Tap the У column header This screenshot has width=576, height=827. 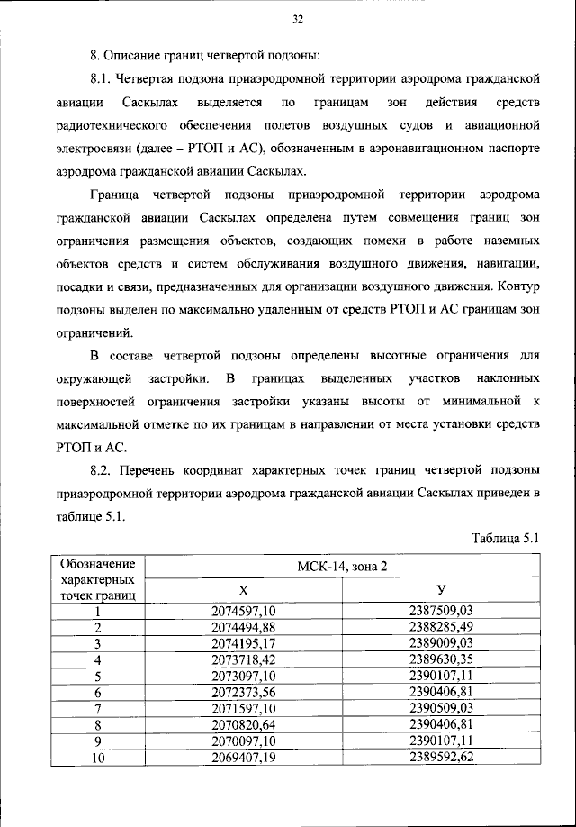441,589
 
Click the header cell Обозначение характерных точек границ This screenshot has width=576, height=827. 97,579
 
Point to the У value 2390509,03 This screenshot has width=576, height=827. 441,707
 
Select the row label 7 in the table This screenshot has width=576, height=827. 97,707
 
